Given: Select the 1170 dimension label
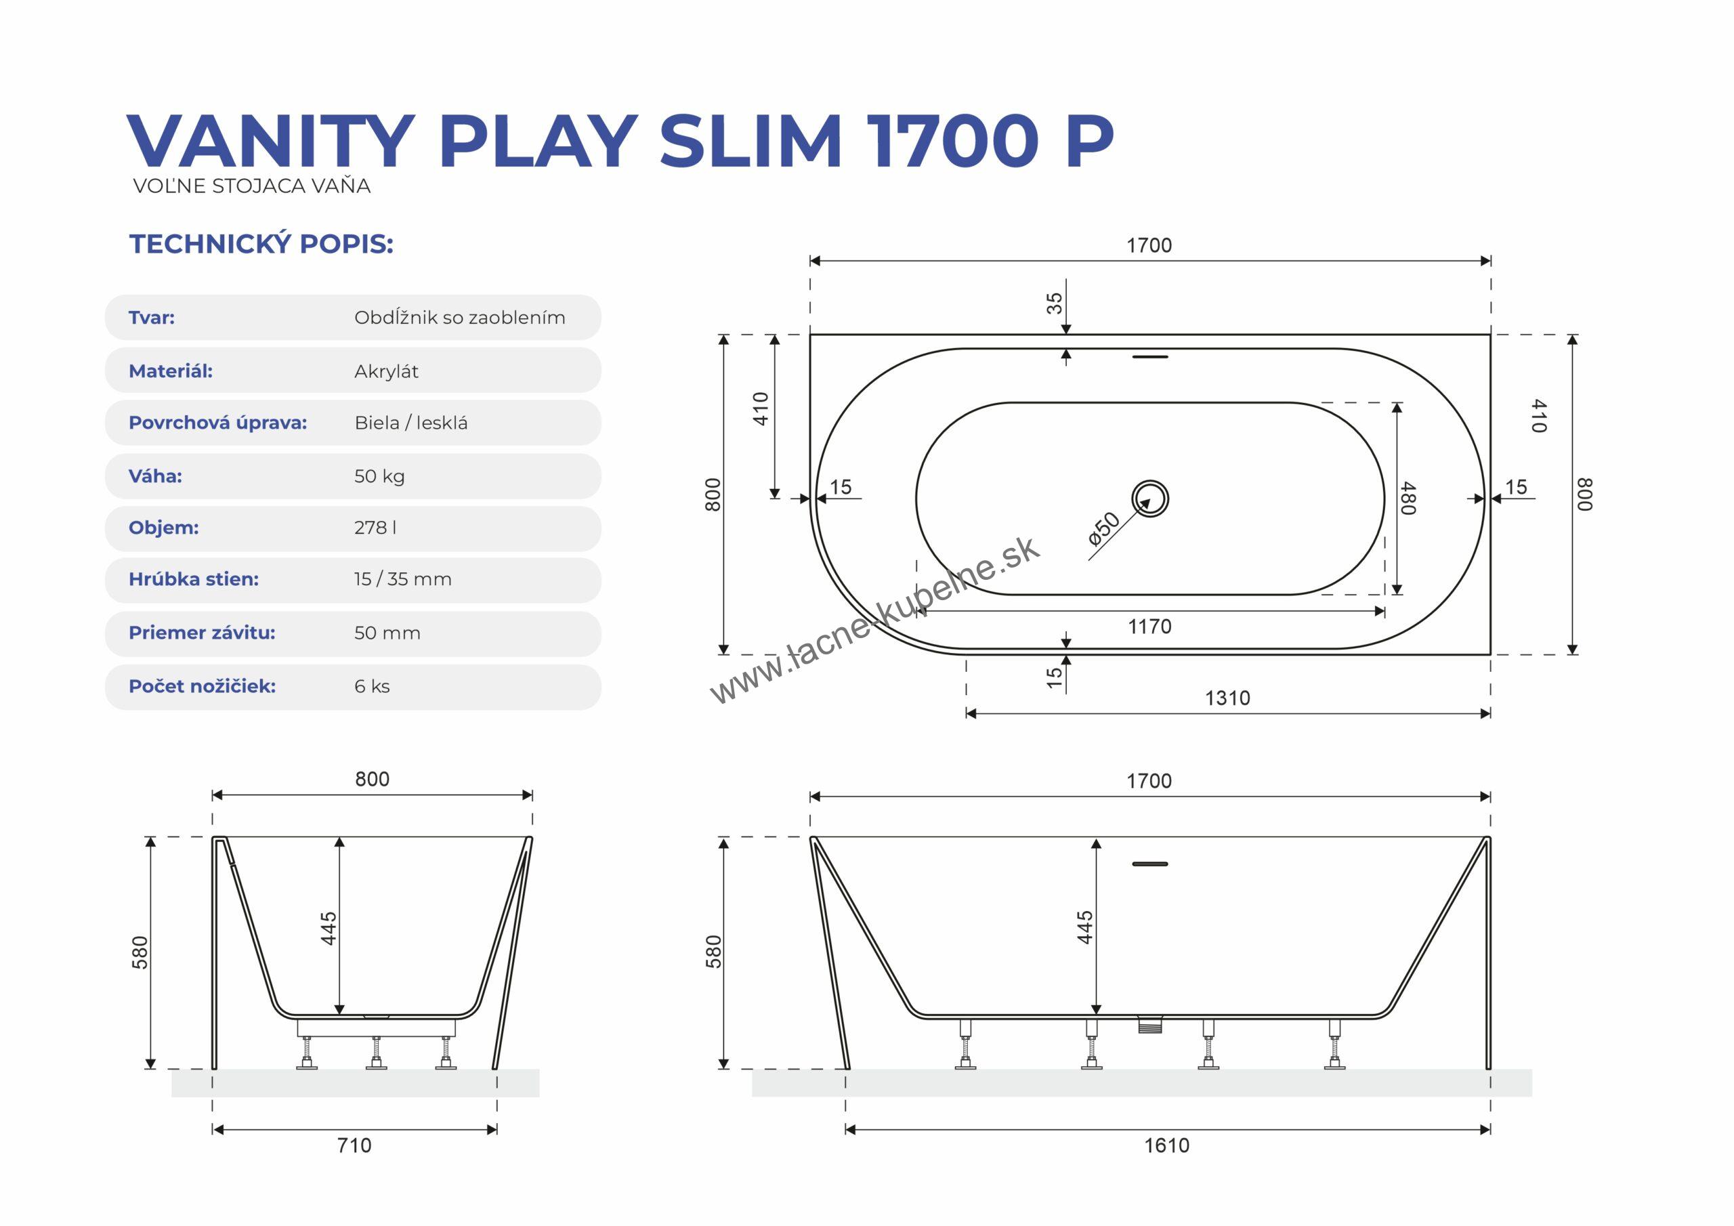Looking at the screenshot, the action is pos(1149,627).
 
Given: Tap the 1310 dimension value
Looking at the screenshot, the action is pos(1227,697).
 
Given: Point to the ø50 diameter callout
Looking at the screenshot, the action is pos(1104,529).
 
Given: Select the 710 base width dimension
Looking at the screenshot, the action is pos(354,1145).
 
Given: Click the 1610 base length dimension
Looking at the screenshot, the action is pos(1167,1145).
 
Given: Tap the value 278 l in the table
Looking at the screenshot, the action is pos(375,527).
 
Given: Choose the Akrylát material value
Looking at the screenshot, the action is pos(386,371).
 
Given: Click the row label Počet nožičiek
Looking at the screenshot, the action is pos(203,686).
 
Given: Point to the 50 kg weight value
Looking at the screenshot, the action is pos(379,476).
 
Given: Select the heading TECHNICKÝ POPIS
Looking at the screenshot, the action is pos(261,244).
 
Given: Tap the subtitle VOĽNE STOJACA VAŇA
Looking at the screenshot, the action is pos(251,186).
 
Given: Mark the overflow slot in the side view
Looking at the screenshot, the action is pos(1149,864).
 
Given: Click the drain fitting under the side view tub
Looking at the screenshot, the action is pos(1150,1024).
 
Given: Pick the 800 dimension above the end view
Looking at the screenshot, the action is pos(373,779).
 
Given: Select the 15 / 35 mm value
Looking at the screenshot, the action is pos(402,578).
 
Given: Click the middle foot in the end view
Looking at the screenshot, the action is pos(376,1053).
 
